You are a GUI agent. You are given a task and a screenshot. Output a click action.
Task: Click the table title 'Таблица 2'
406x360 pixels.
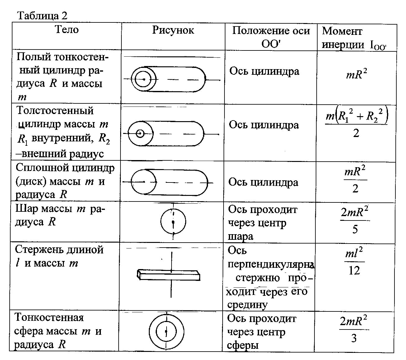click(42, 16)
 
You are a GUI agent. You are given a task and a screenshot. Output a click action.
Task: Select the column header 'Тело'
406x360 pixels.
click(67, 30)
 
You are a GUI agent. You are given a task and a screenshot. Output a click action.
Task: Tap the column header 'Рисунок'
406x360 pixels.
click(173, 30)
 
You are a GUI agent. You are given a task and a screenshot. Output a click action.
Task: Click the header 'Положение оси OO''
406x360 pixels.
click(271, 37)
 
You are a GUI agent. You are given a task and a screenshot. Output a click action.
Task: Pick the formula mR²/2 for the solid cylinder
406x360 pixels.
click(355, 180)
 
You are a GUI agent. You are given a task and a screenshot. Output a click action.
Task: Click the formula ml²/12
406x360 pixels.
click(355, 261)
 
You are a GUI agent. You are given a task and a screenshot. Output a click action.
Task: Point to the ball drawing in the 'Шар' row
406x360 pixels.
click(173, 222)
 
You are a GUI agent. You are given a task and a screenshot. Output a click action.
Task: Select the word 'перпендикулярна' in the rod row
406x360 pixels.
click(270, 264)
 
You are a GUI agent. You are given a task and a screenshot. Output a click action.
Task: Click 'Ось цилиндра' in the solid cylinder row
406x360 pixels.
click(263, 182)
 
